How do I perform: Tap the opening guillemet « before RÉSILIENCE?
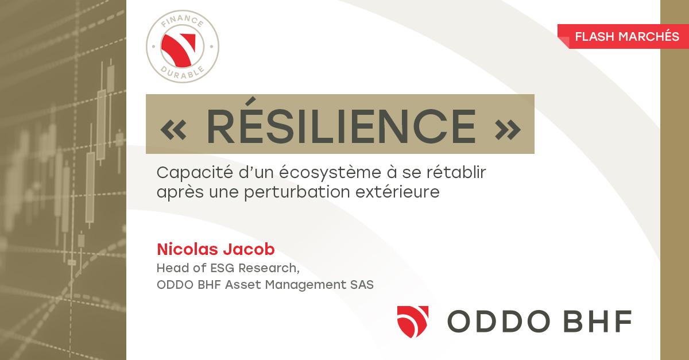173,129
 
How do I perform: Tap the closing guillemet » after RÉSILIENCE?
508,129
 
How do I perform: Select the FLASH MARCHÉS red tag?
623,36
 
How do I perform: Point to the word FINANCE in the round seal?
183,21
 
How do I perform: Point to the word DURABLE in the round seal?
183,73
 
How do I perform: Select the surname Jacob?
249,249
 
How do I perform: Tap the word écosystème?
330,172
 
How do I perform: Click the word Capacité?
195,172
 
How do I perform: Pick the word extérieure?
397,192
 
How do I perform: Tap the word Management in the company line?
305,285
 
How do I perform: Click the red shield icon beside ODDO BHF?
413,322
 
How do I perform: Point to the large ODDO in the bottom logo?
498,321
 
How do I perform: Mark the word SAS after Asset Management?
362,285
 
